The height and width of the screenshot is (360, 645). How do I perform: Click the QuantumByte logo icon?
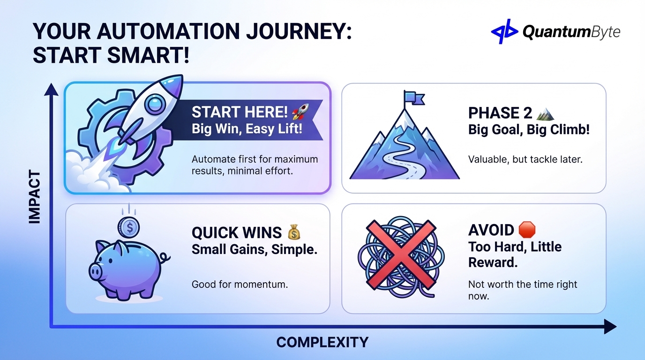tap(504, 31)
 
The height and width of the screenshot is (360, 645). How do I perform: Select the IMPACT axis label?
tap(35, 197)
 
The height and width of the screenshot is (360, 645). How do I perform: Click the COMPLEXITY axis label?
tap(322, 342)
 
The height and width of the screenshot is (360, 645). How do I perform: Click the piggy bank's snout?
tap(96, 270)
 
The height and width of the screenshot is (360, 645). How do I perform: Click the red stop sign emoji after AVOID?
tap(527, 230)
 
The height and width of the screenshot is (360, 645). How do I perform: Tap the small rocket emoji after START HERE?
tap(299, 112)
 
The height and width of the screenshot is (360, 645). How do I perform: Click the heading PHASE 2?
tap(500, 113)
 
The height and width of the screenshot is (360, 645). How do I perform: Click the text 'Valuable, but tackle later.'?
tap(525, 159)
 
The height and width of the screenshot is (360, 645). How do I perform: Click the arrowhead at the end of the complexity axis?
tap(609, 327)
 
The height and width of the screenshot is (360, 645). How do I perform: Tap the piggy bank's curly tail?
tap(164, 258)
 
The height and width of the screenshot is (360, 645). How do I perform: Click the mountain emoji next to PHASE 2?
tap(545, 113)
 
